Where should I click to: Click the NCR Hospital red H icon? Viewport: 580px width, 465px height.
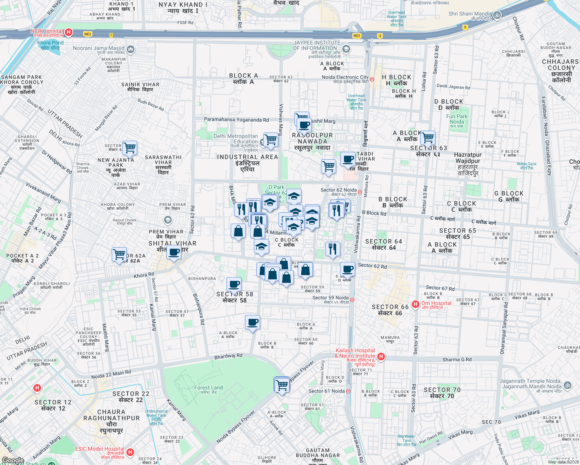[x=69, y=32]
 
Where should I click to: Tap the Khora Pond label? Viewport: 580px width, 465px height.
[x=50, y=45]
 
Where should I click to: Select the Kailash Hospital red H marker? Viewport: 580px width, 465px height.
[x=381, y=356]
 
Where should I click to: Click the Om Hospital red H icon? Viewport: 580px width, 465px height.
[x=416, y=304]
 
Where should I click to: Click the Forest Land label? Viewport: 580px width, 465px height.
[x=209, y=389]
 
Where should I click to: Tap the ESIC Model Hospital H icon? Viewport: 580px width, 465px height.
[x=130, y=452]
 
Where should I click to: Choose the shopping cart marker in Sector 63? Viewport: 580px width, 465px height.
[x=428, y=137]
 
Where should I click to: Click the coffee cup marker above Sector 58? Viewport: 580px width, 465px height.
[x=234, y=284]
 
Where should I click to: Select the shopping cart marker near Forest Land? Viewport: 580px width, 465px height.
[x=282, y=385]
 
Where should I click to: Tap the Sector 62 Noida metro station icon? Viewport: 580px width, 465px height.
[x=360, y=192]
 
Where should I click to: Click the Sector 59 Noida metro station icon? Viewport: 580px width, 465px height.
[x=352, y=300]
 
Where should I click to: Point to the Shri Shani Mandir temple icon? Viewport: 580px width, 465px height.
[x=497, y=15]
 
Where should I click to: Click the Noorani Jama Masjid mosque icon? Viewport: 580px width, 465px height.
[x=131, y=49]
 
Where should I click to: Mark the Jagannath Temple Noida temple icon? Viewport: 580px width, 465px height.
[x=567, y=385]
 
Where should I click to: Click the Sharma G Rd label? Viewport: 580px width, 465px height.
[x=457, y=360]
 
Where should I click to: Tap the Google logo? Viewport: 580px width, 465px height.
[x=13, y=460]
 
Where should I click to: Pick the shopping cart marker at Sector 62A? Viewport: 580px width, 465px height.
[x=119, y=255]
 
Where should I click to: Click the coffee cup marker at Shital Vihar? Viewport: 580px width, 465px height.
[x=174, y=252]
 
